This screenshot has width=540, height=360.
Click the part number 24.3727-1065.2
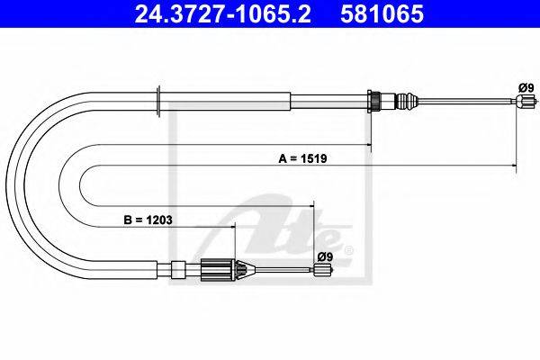[x=223, y=13]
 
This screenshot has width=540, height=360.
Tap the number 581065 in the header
[x=382, y=13]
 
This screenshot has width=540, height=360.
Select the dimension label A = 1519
[x=302, y=158]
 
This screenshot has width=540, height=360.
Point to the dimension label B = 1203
[x=148, y=220]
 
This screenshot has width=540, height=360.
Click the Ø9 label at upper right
[x=526, y=88]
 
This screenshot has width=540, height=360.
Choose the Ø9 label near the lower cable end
[x=325, y=256]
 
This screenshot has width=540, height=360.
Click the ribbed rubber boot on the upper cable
[x=407, y=101]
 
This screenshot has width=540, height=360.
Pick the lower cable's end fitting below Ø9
[x=322, y=269]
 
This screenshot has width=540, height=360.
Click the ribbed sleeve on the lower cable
[x=216, y=269]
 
